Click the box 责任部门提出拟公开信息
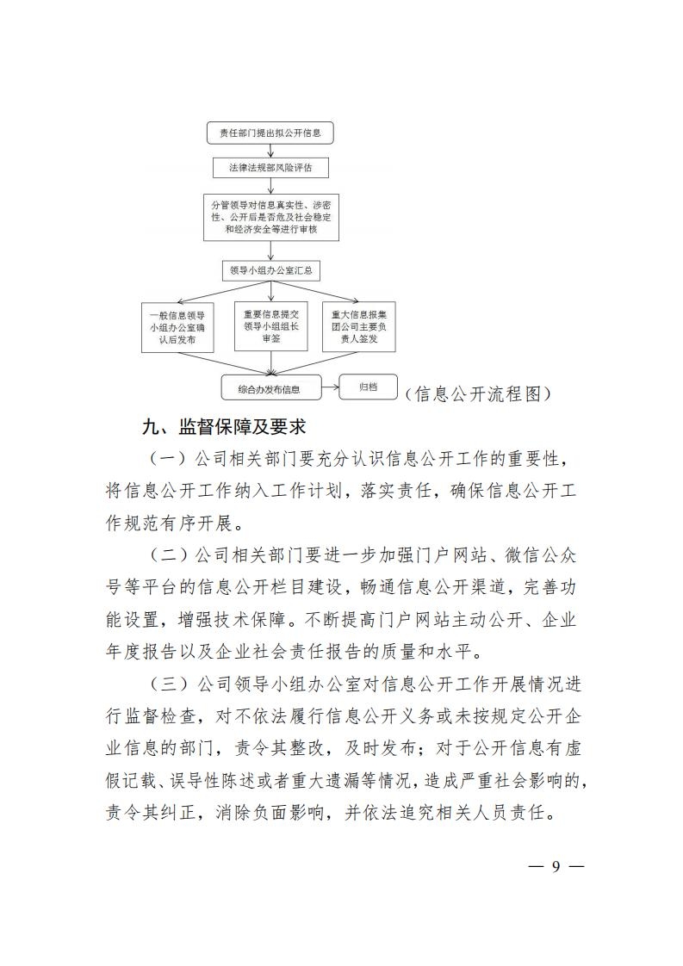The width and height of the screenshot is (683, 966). pyautogui.click(x=270, y=133)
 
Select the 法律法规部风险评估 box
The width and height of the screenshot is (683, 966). pyautogui.click(x=270, y=168)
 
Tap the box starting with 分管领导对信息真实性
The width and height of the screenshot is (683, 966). pyautogui.click(x=270, y=216)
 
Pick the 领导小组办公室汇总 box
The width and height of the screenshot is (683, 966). pyautogui.click(x=270, y=270)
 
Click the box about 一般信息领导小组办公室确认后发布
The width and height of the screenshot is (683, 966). pyautogui.click(x=178, y=326)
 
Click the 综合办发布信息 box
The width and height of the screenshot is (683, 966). pyautogui.click(x=270, y=388)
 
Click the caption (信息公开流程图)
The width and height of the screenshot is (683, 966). pyautogui.click(x=476, y=393)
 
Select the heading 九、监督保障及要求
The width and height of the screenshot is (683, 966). pyautogui.click(x=224, y=426)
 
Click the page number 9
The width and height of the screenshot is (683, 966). pyautogui.click(x=556, y=866)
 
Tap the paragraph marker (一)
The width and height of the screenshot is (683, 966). pyautogui.click(x=167, y=455)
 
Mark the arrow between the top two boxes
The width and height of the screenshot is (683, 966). pyautogui.click(x=270, y=150)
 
